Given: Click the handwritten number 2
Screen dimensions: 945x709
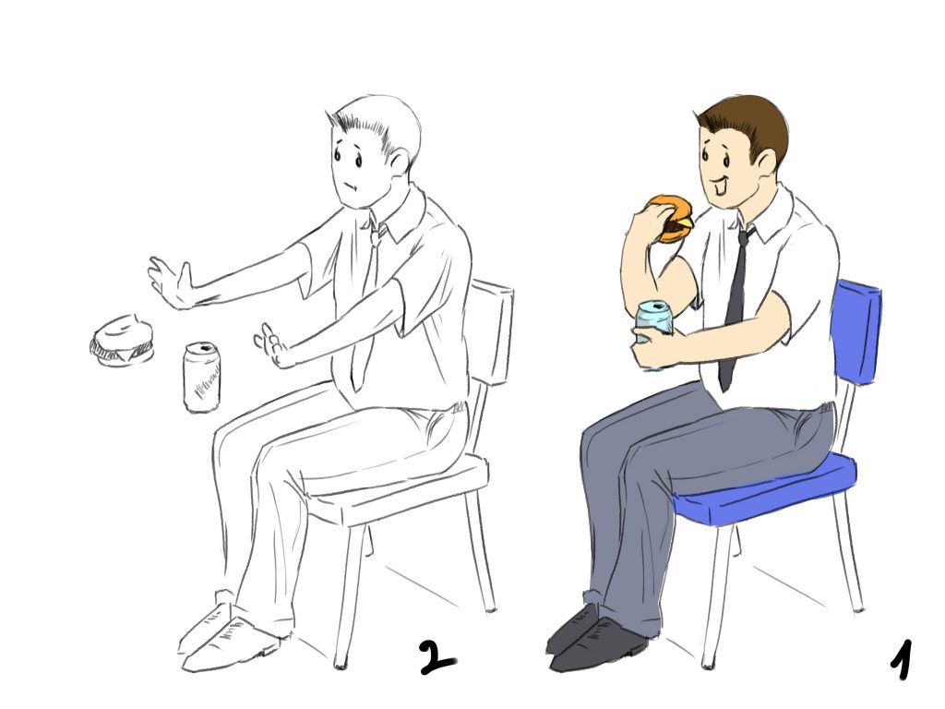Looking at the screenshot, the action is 437,658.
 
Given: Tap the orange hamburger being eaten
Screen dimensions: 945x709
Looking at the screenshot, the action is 672,218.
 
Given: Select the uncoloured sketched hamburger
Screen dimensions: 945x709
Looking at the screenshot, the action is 123,342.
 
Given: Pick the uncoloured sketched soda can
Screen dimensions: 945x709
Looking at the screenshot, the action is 201,377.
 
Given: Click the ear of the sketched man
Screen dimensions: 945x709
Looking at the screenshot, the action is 399,162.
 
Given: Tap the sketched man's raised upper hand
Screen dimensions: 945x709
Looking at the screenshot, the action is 171,283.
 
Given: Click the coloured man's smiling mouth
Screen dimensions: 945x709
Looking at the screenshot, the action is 718,183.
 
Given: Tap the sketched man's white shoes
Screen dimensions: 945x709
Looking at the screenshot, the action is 229,638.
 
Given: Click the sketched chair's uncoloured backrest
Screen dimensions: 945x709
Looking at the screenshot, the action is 491,331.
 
